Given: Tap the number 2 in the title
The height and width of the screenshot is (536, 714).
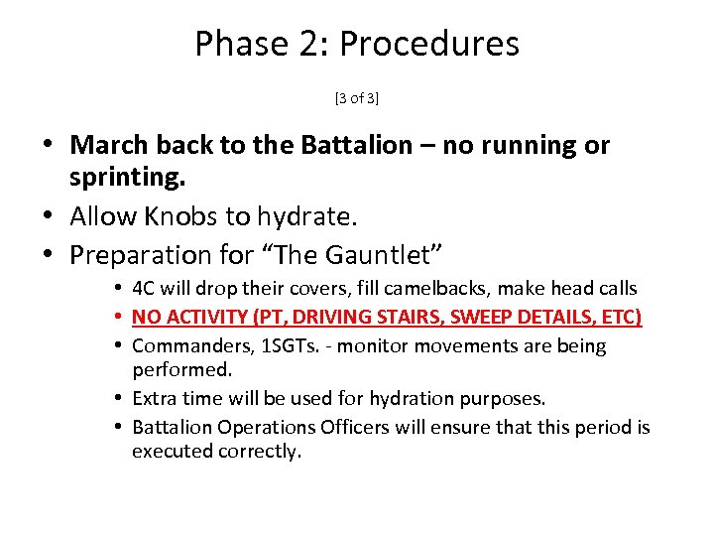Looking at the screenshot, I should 305,45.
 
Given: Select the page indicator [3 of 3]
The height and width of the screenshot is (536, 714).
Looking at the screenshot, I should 357,97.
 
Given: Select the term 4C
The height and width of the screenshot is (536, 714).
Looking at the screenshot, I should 145,289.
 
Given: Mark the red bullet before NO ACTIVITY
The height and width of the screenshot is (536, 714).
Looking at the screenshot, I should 118,318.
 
